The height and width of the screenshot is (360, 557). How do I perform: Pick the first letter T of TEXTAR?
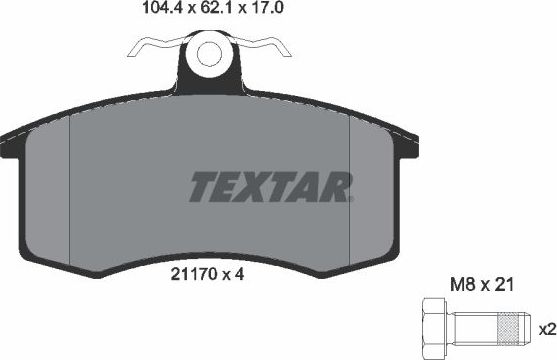coord(203,186)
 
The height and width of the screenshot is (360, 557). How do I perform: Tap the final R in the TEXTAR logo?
coord(337,186)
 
